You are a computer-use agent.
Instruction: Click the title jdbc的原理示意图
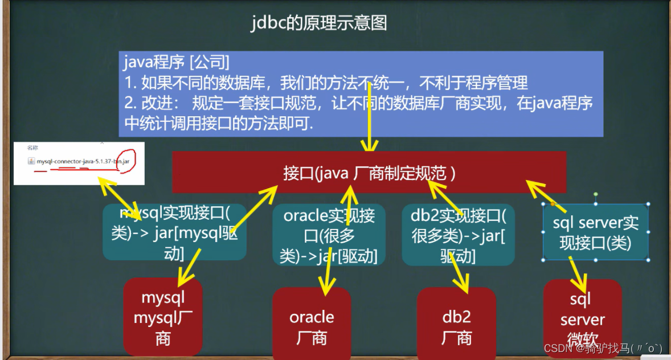point(320,23)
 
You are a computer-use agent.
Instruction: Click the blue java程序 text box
point(361,94)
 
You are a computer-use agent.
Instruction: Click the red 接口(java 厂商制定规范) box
point(369,173)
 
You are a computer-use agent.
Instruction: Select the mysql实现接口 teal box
point(174,232)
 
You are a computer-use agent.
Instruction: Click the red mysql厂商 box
point(163,318)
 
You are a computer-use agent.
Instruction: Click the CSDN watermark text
point(603,349)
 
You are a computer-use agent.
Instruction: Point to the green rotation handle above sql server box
point(595,194)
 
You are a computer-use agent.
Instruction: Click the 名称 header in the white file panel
point(32,147)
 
